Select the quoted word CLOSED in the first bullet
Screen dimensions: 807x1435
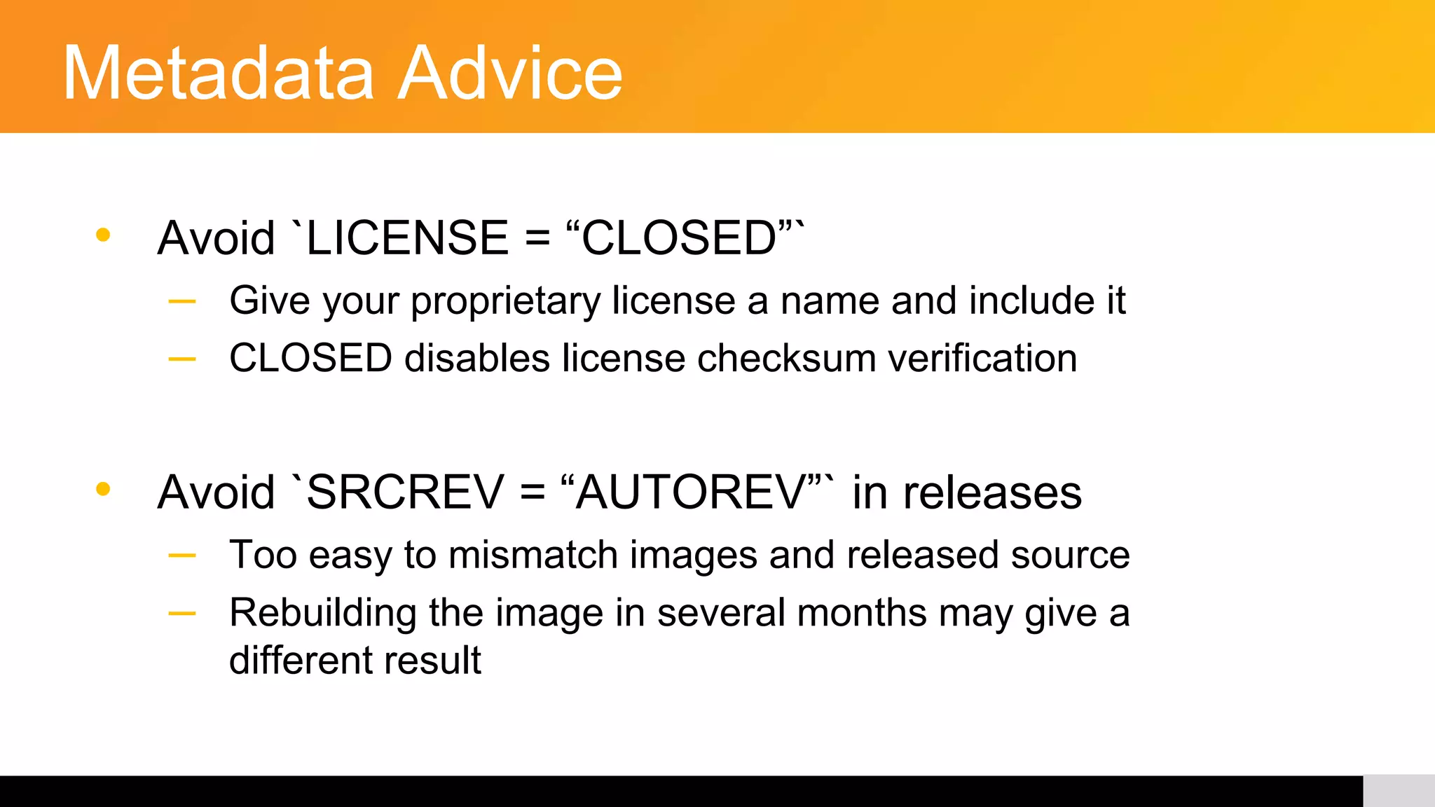pyautogui.click(x=678, y=238)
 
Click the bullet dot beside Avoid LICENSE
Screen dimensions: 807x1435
pyautogui.click(x=103, y=235)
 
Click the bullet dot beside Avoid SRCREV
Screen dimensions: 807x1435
pyautogui.click(x=103, y=489)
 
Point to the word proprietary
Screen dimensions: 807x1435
pyautogui.click(x=505, y=301)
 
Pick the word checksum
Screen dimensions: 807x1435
pyautogui.click(x=786, y=359)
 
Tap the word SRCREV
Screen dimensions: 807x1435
pyautogui.click(x=406, y=492)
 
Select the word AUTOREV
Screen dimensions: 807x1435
pyautogui.click(x=691, y=492)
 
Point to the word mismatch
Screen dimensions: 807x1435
pyautogui.click(x=533, y=555)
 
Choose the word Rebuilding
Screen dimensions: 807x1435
pyautogui.click(x=323, y=614)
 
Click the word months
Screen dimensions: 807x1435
pyautogui.click(x=862, y=614)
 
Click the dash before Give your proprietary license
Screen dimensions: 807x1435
pyautogui.click(x=182, y=302)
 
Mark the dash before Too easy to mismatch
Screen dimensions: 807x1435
pyautogui.click(x=182, y=556)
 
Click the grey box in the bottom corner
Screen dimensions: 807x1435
pyautogui.click(x=1399, y=791)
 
